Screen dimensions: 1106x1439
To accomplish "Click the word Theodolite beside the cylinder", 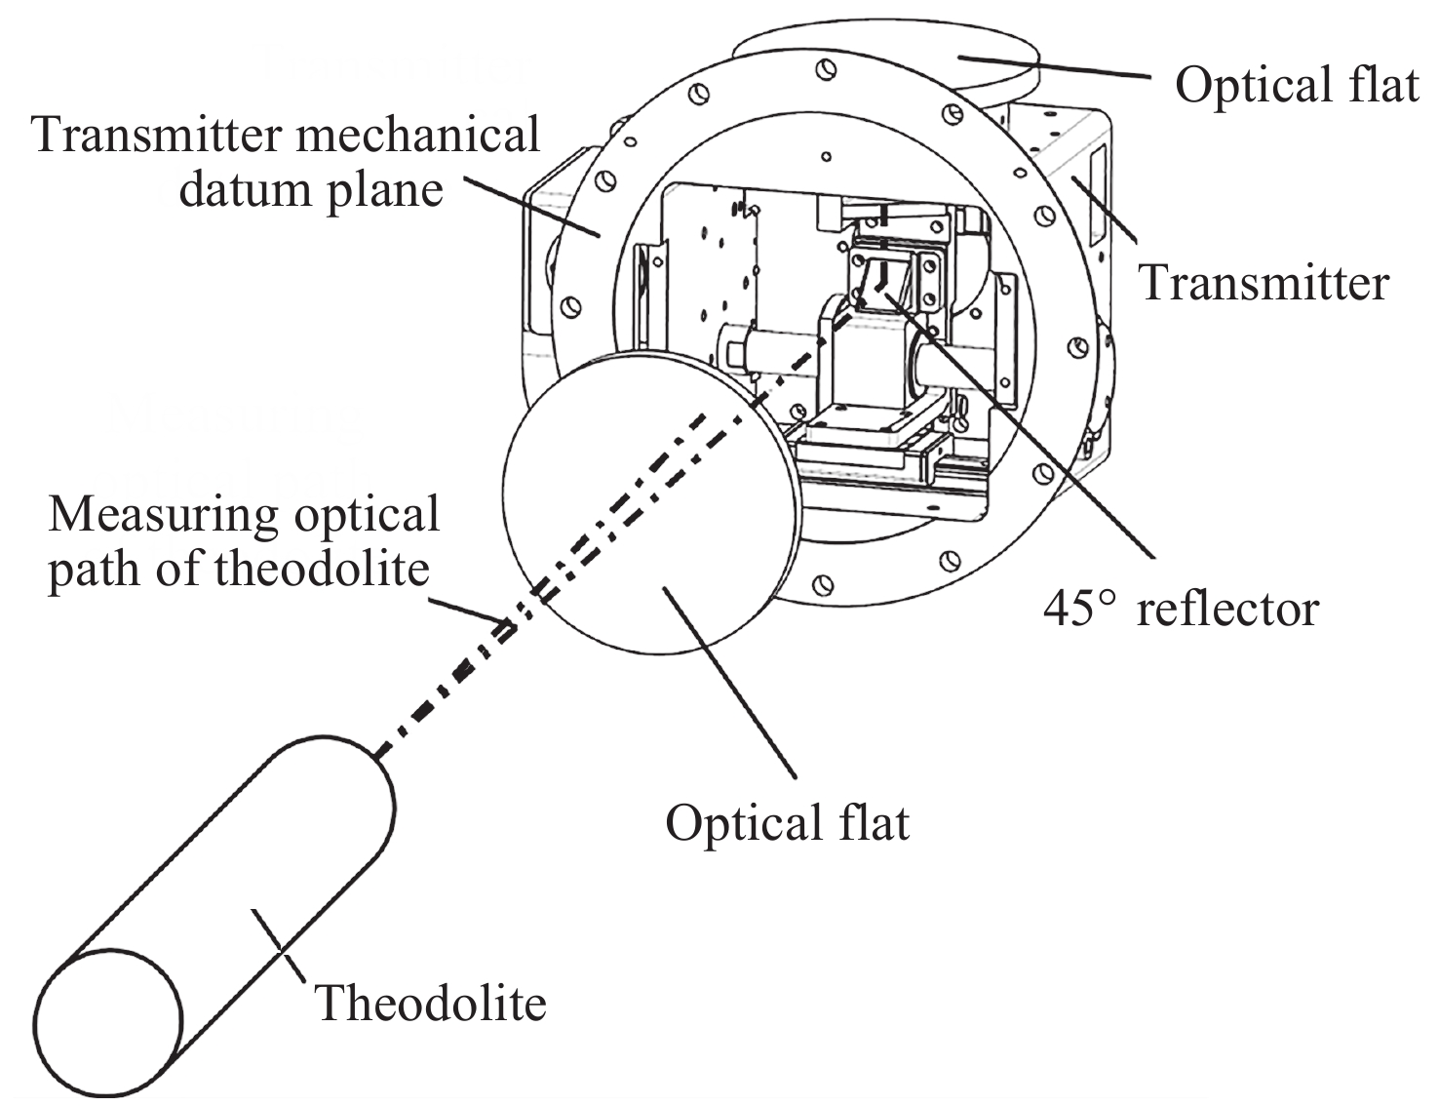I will [x=430, y=1003].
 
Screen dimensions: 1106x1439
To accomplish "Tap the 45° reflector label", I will [x=1181, y=609].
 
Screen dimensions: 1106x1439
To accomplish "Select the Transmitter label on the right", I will [x=1264, y=283].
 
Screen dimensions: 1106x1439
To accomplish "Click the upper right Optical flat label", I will [x=1296, y=85].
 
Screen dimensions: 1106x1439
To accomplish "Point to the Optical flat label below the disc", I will [x=787, y=822].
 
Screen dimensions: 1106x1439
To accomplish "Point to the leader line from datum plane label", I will [x=531, y=207].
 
